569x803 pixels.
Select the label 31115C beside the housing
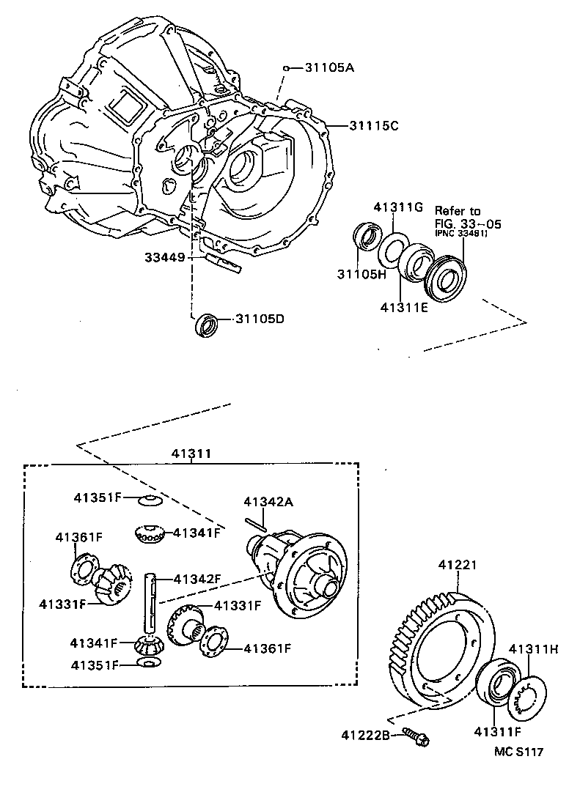(x=373, y=126)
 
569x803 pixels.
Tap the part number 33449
(x=165, y=257)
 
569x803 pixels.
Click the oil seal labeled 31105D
(x=206, y=325)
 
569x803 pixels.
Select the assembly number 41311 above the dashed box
(x=191, y=454)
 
